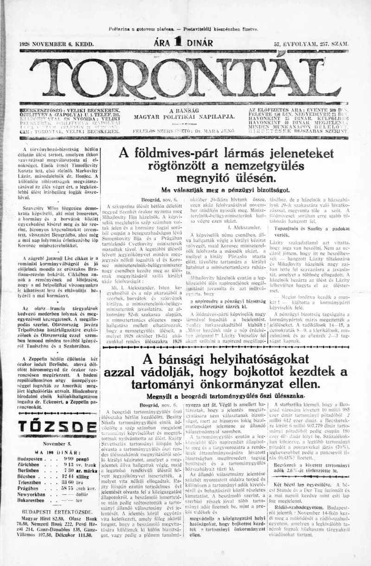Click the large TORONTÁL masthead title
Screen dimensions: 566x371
pos(185,76)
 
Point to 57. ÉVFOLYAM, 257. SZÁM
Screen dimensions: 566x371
pos(311,44)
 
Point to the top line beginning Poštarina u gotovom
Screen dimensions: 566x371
pos(184,29)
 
